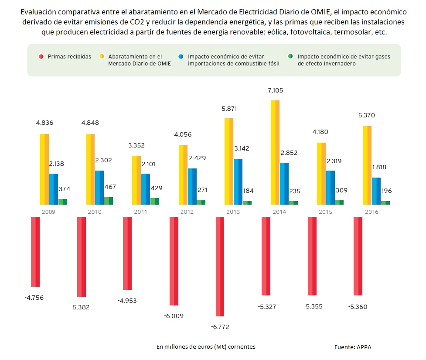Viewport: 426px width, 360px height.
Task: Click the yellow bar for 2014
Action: click(x=275, y=152)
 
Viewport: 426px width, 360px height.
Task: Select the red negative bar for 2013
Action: click(x=220, y=266)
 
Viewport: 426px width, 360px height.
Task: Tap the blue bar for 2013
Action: click(x=238, y=181)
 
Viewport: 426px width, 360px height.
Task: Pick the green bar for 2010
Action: click(x=109, y=200)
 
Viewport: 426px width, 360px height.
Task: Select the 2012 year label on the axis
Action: click(x=187, y=212)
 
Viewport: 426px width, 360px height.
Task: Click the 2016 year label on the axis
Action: click(x=371, y=212)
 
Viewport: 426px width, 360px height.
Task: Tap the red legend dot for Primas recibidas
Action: click(x=41, y=56)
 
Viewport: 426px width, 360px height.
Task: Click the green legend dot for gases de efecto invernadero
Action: click(x=291, y=56)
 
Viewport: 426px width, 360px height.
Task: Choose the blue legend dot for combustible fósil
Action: click(x=181, y=56)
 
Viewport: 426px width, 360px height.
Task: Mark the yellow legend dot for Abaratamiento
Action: click(x=101, y=56)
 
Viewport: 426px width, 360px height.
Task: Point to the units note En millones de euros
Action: click(x=206, y=346)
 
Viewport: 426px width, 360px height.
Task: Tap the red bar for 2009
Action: click(x=35, y=251)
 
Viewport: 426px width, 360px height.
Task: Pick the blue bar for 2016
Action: click(x=376, y=191)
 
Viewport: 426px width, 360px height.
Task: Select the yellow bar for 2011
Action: click(x=136, y=180)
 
